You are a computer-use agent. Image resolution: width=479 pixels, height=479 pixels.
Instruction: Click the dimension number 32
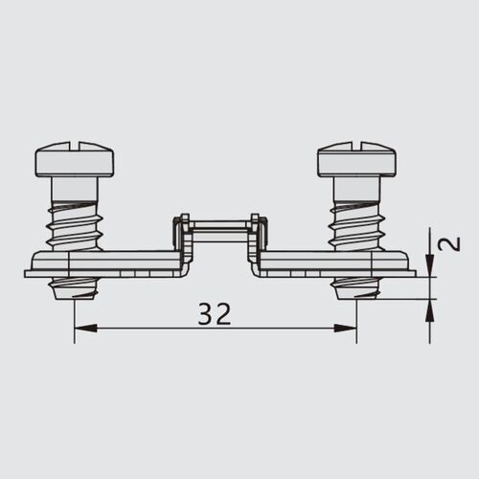click(x=215, y=312)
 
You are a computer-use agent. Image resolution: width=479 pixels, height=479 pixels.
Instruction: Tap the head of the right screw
click(x=355, y=160)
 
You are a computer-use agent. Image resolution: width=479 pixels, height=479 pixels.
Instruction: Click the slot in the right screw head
click(x=355, y=147)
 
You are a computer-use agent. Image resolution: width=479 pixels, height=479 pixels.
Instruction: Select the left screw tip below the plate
click(x=74, y=285)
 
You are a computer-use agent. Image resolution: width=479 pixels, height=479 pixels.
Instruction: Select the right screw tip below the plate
click(x=355, y=285)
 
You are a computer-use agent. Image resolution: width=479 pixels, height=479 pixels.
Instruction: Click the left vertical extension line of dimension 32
click(x=74, y=316)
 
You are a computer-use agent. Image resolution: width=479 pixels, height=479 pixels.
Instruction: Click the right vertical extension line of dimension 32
click(x=356, y=316)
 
